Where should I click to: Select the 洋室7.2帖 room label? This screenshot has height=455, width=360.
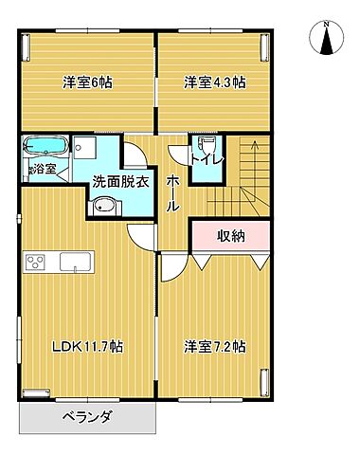tap(216, 346)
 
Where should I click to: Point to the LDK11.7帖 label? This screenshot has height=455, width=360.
tap(86, 346)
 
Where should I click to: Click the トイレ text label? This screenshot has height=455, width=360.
tap(207, 158)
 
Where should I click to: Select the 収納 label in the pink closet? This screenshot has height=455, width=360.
tap(231, 236)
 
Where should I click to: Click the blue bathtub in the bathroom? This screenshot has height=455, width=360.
tap(44, 148)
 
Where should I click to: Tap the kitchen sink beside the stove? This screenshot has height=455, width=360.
tap(74, 262)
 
